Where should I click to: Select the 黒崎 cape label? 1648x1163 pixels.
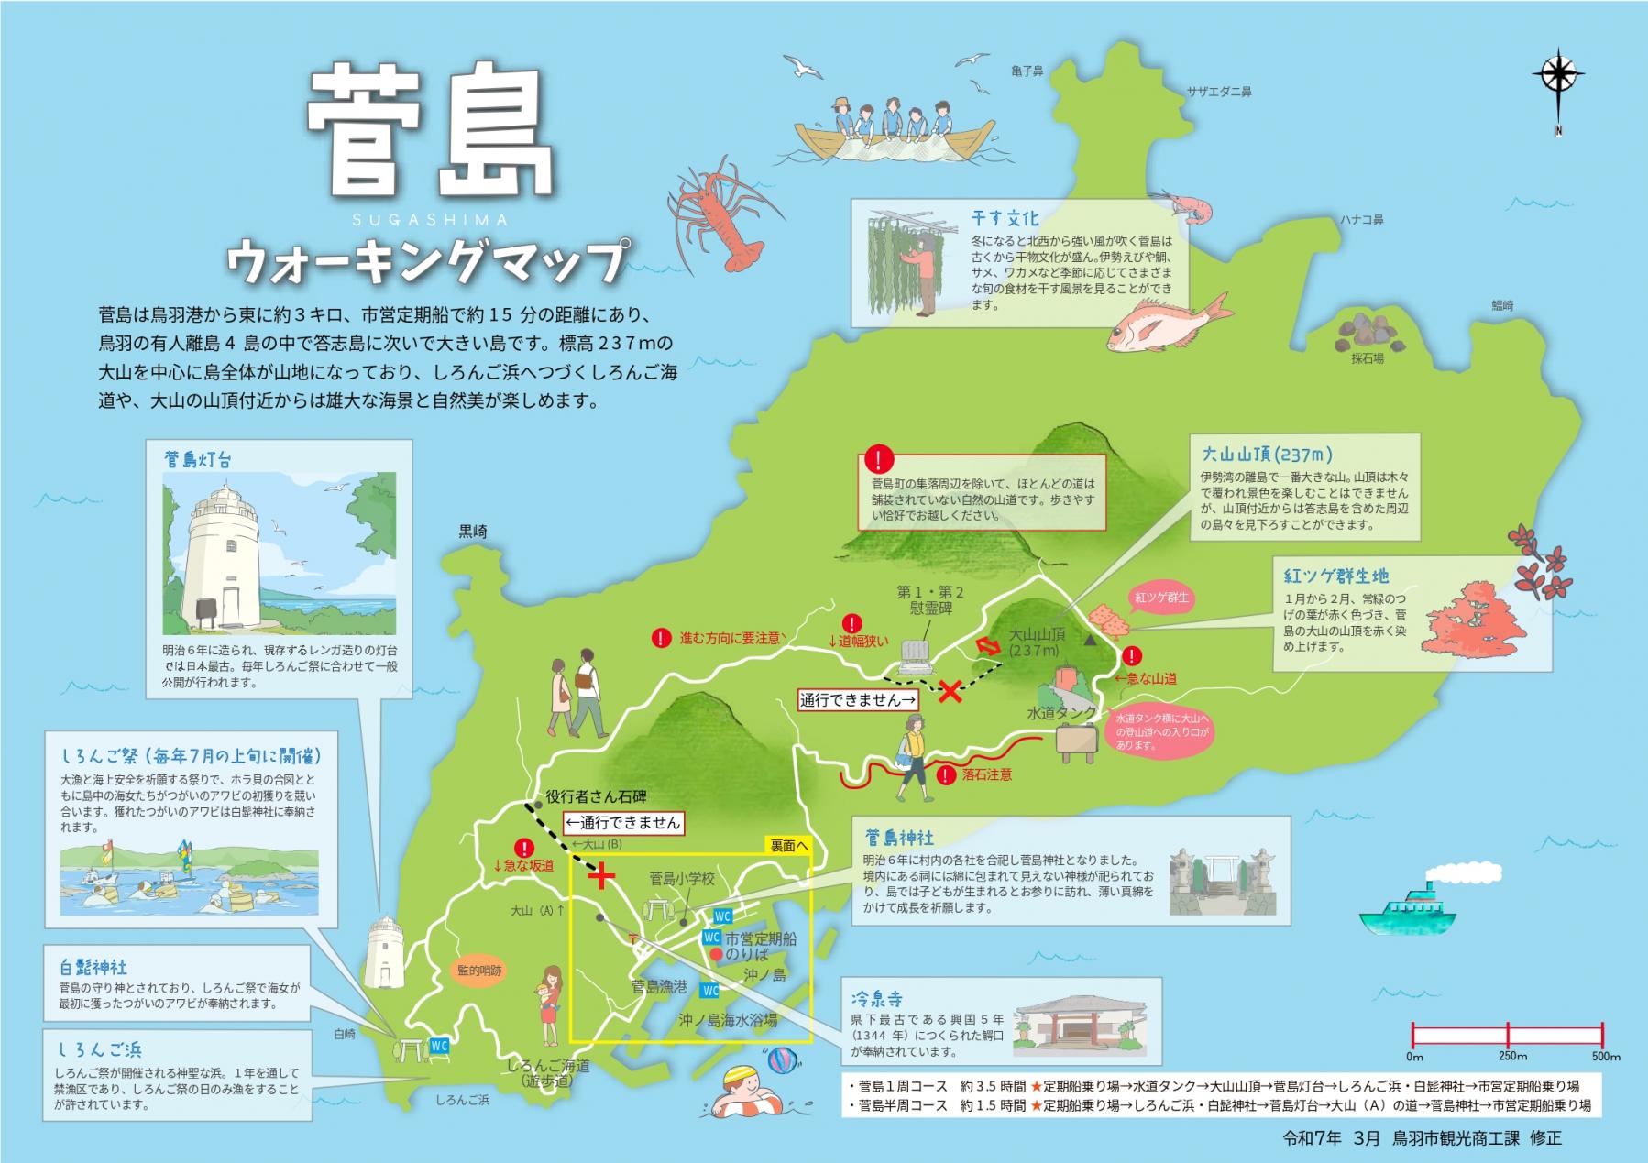(x=473, y=532)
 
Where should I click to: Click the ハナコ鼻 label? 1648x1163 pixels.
(x=1361, y=220)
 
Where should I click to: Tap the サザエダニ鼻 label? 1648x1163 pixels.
(x=1219, y=92)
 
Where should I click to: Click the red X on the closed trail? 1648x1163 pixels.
(x=950, y=691)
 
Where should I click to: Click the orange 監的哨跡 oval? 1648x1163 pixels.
(x=480, y=971)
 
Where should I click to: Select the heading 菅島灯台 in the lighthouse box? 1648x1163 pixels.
(x=198, y=459)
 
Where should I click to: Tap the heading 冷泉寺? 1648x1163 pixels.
(x=878, y=998)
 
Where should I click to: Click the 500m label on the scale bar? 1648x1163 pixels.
(x=1605, y=1056)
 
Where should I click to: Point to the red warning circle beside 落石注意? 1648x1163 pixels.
(x=946, y=775)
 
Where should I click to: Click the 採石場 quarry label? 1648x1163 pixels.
(x=1367, y=358)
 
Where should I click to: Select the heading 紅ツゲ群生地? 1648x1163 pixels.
(x=1335, y=576)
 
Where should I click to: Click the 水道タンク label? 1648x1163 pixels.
(x=1061, y=712)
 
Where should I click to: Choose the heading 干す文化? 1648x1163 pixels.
(x=1005, y=220)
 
